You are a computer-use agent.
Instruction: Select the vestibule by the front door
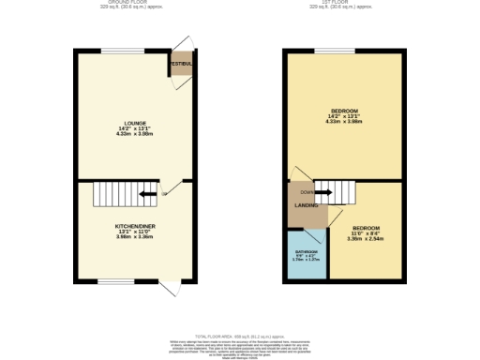(x=181, y=64)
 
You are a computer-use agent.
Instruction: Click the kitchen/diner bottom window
(x=117, y=281)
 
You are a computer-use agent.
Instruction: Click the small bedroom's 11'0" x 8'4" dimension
(x=365, y=233)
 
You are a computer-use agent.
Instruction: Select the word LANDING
(x=306, y=204)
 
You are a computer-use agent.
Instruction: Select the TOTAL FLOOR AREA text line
(x=240, y=336)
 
